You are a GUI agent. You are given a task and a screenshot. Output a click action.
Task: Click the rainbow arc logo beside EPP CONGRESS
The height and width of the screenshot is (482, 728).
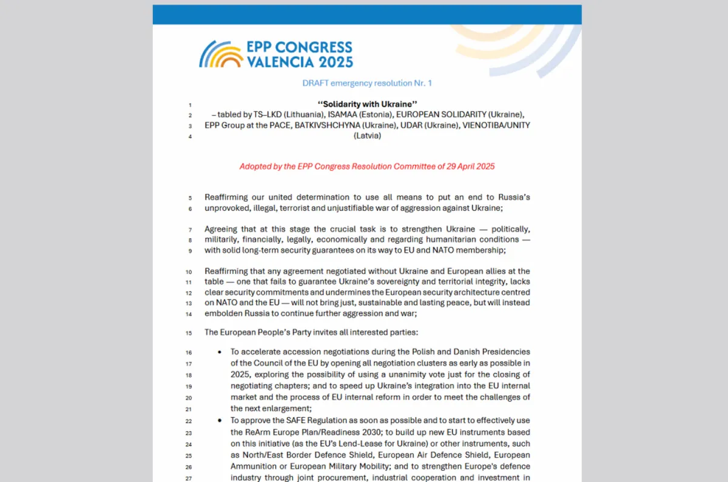point(221,55)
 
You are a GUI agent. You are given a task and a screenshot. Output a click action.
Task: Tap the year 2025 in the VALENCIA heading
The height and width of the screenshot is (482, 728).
point(333,62)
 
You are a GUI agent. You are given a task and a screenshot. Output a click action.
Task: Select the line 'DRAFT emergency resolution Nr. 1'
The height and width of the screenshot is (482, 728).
point(367,83)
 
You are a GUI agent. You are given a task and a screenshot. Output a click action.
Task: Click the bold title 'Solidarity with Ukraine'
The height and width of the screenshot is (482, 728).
point(367,104)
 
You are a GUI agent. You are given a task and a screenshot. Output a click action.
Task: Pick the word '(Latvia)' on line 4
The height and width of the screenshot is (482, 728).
point(367,136)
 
